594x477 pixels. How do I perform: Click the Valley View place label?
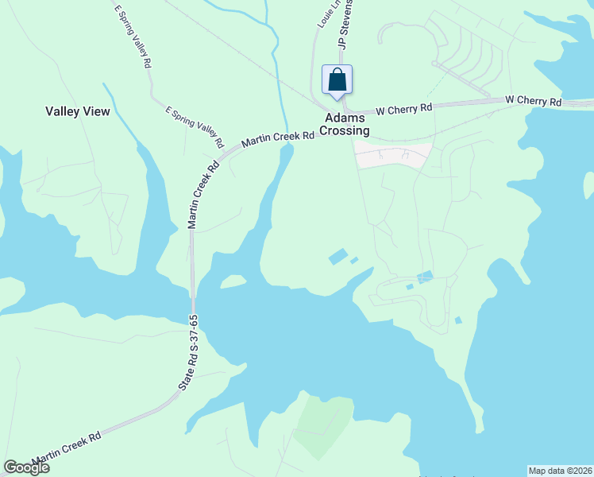click(77, 112)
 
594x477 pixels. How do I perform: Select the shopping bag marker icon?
click(337, 80)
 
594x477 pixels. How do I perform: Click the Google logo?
click(26, 467)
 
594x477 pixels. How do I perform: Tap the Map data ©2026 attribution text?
click(560, 471)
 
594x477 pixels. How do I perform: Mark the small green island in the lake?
click(232, 281)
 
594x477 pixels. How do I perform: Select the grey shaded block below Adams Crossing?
click(393, 155)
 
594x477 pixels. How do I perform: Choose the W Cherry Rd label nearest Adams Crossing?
click(403, 108)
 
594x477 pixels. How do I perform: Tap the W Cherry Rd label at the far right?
click(534, 102)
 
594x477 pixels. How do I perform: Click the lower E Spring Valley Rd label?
click(194, 126)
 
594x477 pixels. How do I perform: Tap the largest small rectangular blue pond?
click(337, 256)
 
